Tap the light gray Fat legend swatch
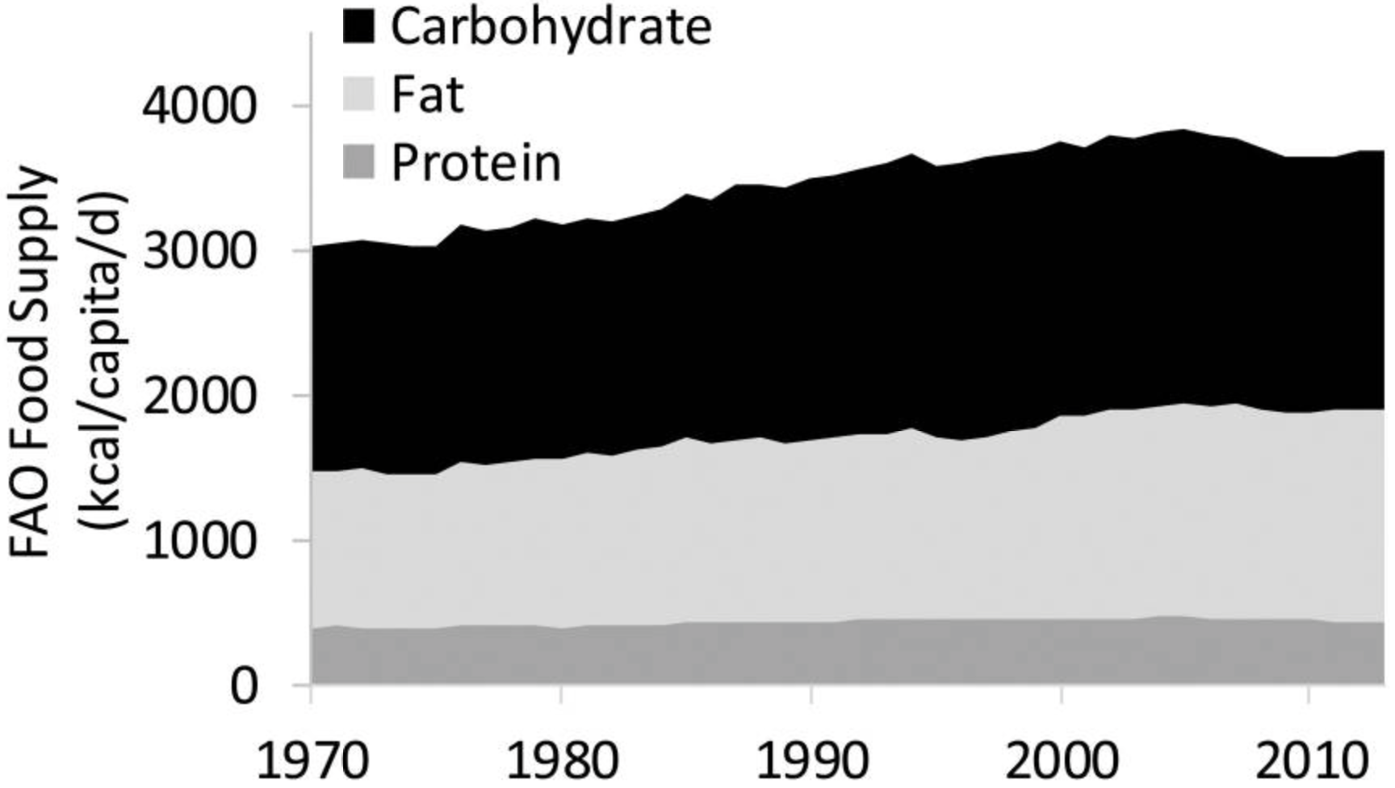tap(358, 94)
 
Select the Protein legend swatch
tap(358, 162)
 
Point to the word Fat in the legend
tap(427, 94)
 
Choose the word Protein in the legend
tap(475, 162)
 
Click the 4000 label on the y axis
tap(199, 106)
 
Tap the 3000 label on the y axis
tap(199, 251)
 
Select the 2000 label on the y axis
tap(199, 396)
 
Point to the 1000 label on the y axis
tap(199, 540)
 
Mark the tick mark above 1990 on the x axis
tap(811, 694)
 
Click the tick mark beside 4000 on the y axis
tap(302, 106)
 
